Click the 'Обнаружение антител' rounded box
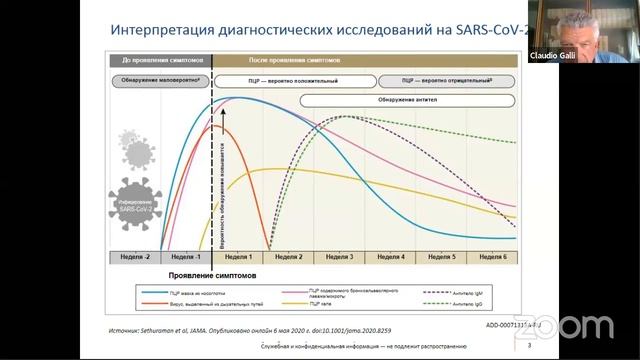click(405, 98)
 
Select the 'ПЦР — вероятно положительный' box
click(292, 79)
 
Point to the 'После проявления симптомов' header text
click(268, 60)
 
